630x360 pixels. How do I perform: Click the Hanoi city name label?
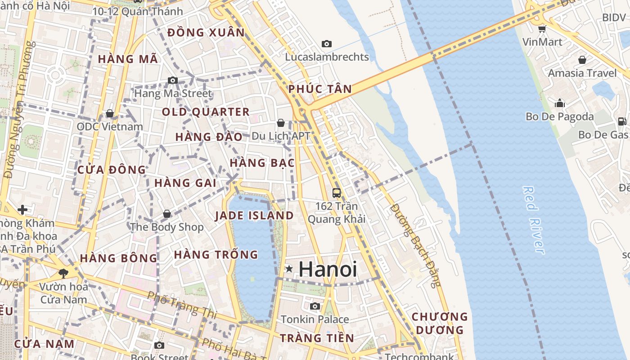[328, 269]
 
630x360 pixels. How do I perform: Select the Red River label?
[534, 220]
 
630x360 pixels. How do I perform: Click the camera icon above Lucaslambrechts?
[327, 44]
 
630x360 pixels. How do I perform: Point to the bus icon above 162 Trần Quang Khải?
[336, 193]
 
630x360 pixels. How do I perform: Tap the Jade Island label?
[254, 216]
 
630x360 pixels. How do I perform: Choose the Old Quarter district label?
[206, 112]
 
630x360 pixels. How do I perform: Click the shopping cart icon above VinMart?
[542, 29]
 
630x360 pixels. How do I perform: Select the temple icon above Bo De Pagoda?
[560, 103]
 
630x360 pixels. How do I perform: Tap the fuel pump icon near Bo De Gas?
[622, 121]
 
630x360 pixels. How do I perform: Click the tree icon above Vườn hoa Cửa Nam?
[63, 273]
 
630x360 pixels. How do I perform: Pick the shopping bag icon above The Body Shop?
[167, 214]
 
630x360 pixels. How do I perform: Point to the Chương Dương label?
[440, 323]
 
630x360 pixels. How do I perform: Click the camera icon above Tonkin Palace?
[315, 306]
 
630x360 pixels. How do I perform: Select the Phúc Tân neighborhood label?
[320, 89]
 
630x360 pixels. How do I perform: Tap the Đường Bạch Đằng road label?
[415, 245]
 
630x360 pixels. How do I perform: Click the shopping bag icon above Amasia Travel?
[582, 59]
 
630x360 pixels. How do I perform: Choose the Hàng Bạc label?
[262, 163]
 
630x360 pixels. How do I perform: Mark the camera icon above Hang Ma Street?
[173, 80]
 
